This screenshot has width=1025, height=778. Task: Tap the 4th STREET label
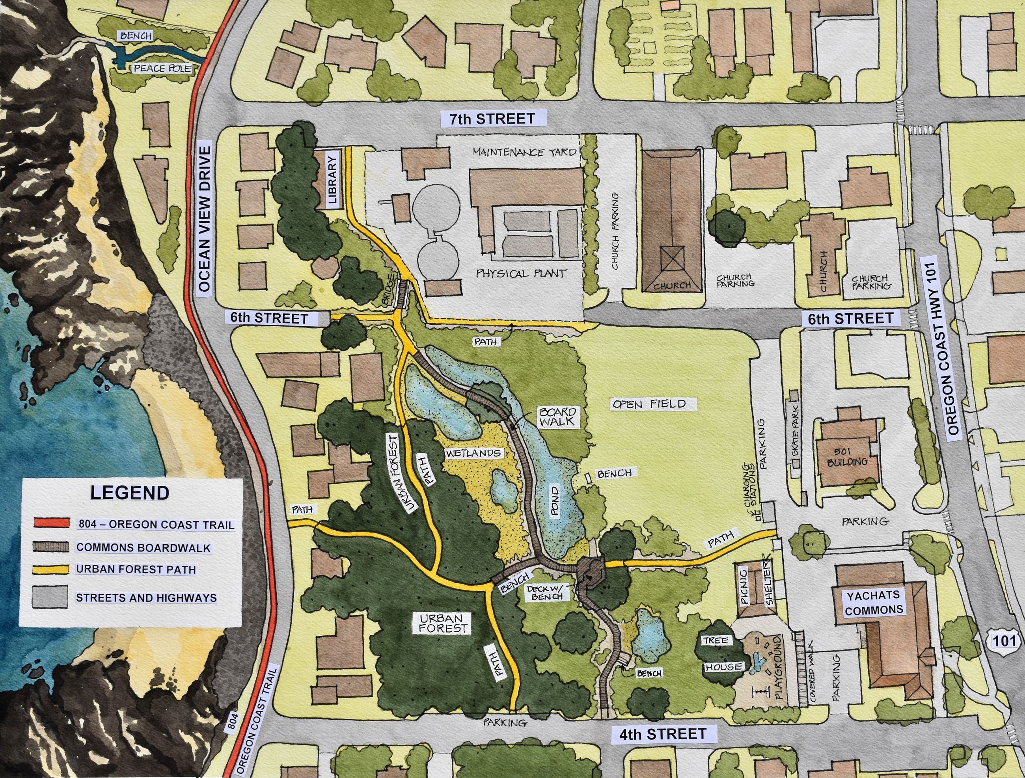coord(663,733)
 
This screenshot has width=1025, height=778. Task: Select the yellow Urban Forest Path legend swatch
coord(51,569)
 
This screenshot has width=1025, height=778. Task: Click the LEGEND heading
coord(130,493)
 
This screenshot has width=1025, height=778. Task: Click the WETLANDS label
coord(473,453)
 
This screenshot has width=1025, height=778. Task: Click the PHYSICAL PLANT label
coord(521,273)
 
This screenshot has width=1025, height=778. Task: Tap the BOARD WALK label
coord(558,417)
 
